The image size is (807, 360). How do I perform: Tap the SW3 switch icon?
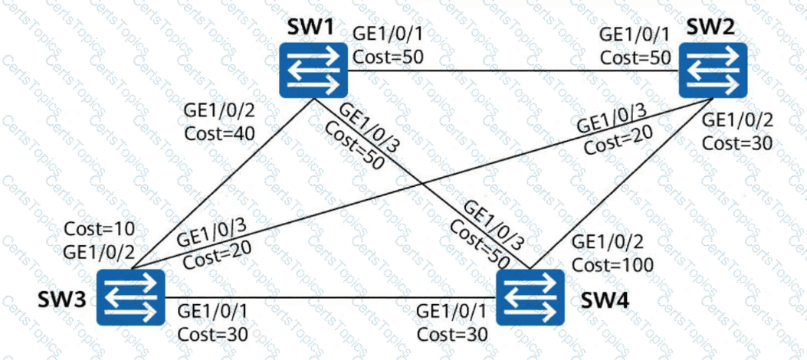pos(133,296)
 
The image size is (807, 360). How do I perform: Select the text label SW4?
pos(602,296)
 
